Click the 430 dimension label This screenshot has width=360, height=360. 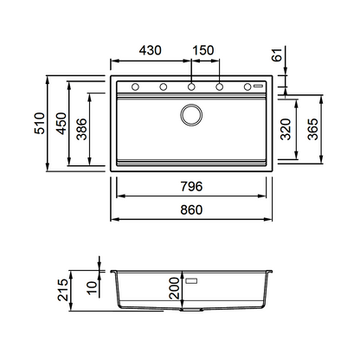coord(150,50)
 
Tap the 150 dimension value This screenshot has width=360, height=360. coord(203,50)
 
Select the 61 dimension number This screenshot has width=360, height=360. coord(277,55)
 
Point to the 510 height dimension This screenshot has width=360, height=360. coord(40,124)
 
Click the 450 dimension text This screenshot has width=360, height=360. coord(61,124)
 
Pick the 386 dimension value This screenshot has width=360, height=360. coord(81,129)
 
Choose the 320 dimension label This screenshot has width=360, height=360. coord(286,129)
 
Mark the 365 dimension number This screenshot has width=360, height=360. coord(312,129)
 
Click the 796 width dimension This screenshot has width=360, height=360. coord(191,186)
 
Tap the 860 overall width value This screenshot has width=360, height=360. coord(191,209)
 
